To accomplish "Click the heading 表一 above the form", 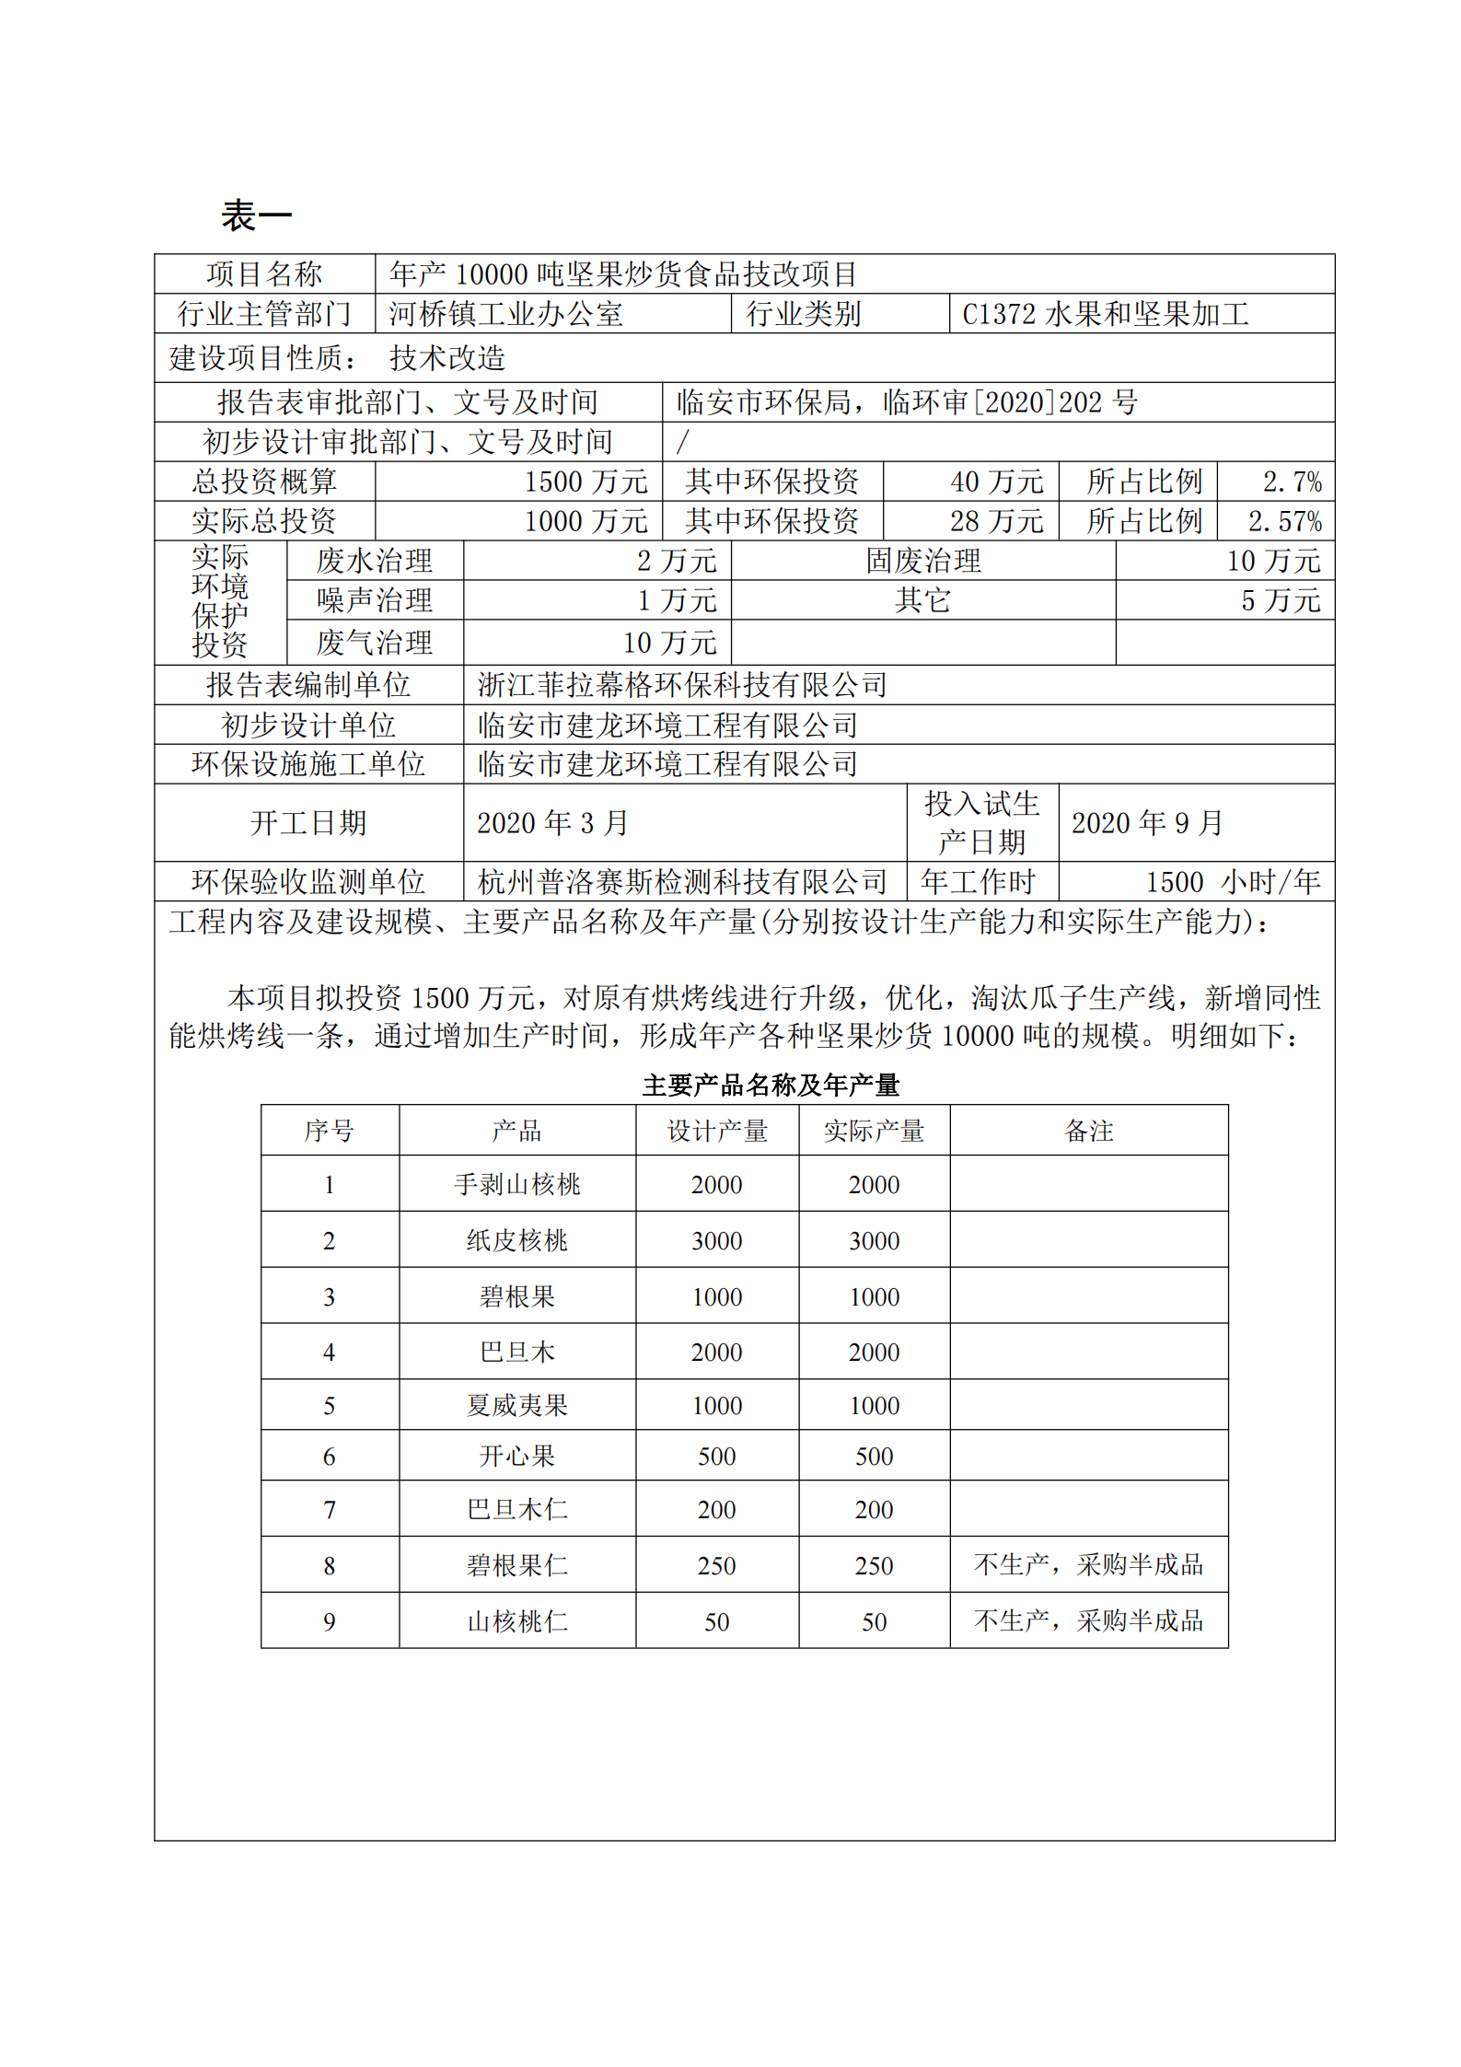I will (256, 216).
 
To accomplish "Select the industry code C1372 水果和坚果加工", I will (1105, 314).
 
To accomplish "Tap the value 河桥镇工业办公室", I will (505, 314).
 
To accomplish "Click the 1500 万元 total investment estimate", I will (586, 482).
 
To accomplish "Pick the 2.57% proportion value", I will (1284, 521).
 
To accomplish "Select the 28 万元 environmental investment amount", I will (996, 521).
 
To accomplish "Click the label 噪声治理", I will (374, 600).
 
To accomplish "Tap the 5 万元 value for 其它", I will (1280, 600).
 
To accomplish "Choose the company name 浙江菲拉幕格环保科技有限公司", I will (682, 685).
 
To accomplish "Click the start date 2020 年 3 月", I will (552, 823).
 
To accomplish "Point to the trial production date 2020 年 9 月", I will (1147, 823).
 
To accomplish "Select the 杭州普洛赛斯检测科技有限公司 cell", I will (682, 882).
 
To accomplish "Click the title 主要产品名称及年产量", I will (771, 1086).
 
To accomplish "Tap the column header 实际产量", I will (874, 1131).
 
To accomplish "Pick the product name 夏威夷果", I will (516, 1405).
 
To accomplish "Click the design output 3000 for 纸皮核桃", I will (716, 1241).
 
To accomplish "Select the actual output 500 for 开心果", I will (874, 1456).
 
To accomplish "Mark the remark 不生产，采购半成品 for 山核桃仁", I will (1088, 1620).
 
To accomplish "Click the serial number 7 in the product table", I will (330, 1510).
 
